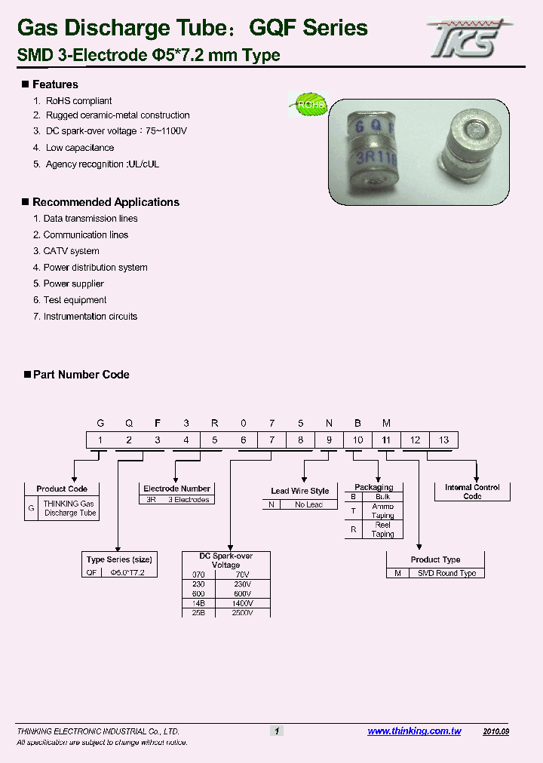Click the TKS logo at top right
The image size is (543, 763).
coord(468,37)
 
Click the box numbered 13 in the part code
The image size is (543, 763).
coord(443,440)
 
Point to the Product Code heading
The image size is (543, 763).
coord(62,489)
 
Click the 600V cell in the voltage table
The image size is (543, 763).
coord(242,593)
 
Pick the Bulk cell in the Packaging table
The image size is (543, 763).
coord(382,497)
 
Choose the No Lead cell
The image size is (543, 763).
coord(308,504)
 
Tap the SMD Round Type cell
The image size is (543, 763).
coord(446,573)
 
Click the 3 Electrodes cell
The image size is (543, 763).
coord(189,500)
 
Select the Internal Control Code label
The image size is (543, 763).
coord(472,492)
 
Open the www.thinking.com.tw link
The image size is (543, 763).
coord(414,731)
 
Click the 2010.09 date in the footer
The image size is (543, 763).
coord(495,731)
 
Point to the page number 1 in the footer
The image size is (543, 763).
coord(277,731)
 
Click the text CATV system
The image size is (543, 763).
coord(71,251)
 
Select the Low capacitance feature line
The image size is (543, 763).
coord(80,148)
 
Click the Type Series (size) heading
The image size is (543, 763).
coord(119,559)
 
